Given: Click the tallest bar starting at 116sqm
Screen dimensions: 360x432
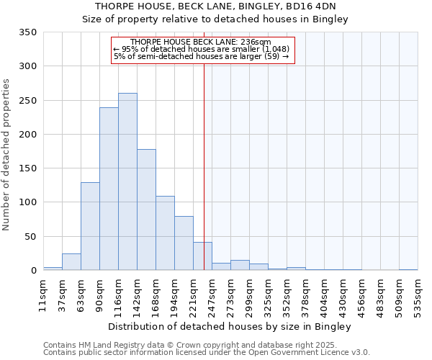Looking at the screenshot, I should tap(127, 181).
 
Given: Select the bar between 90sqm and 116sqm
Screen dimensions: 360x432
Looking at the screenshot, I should tap(109, 189).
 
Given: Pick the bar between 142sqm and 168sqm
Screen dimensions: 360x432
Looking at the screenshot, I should tap(146, 210).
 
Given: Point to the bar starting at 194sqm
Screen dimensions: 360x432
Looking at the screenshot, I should tap(184, 243).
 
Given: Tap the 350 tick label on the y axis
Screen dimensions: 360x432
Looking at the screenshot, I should tap(28, 32).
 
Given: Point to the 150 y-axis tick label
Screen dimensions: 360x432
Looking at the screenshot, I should tap(28, 168).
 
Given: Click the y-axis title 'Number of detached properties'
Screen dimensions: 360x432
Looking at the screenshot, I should tap(7, 155).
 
